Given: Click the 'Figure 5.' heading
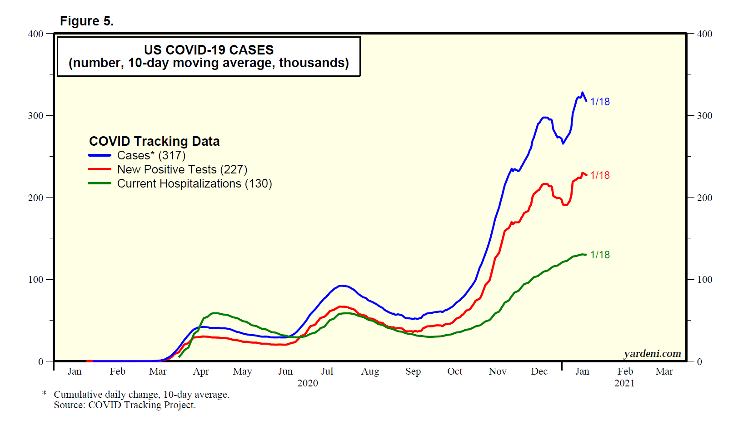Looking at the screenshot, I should pos(86,21).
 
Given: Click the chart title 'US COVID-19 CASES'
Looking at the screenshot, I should pos(209,49).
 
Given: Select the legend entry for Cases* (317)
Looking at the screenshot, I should pos(151,155).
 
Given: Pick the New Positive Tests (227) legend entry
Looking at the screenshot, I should pos(182,169).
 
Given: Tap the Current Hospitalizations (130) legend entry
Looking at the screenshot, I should pos(194,183).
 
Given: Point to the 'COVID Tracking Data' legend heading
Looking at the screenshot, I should pos(154,141).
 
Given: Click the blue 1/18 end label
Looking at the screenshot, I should pos(600,102).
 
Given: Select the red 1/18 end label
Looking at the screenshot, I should pos(600,175).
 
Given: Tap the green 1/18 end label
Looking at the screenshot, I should pos(600,255).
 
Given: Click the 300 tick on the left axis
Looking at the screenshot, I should pos(36,115).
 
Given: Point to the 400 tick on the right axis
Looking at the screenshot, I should pos(704,34).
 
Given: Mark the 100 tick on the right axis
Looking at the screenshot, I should pos(704,279).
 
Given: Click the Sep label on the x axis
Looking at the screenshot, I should pos(413,371).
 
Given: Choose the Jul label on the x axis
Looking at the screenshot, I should pos(327,371).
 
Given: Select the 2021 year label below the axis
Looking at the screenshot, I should pos(624,383).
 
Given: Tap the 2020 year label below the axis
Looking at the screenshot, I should pos(308,383).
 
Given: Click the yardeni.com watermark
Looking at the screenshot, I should pos(652,354).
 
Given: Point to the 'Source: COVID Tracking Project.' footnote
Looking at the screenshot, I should pos(125,405).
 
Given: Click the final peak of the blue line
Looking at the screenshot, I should pos(582,93).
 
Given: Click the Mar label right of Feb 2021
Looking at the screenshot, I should pos(664,371).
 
